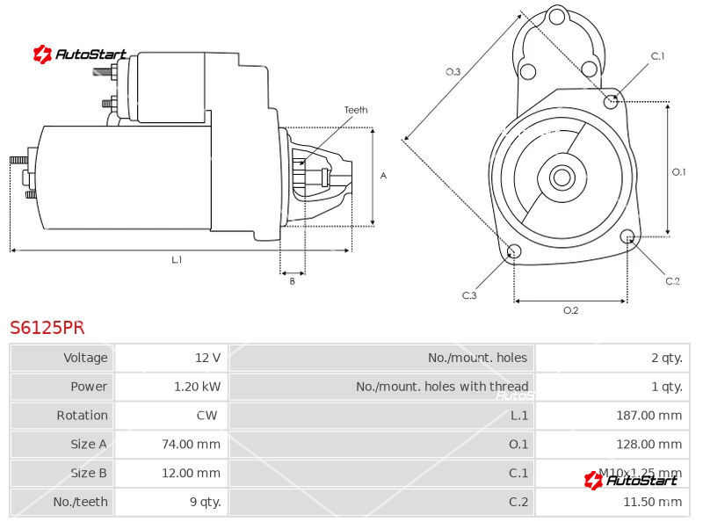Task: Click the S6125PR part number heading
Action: point(47,328)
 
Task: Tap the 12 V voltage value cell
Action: point(207,358)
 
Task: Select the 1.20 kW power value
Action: point(197,387)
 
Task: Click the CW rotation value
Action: point(207,416)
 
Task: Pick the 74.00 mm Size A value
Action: point(191,445)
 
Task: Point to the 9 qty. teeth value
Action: point(205,503)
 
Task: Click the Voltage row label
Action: point(85,358)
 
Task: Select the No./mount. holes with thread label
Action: point(442,387)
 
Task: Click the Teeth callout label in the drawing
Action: point(356,111)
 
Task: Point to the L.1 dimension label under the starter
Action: point(177,259)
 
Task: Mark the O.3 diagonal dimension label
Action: point(453,72)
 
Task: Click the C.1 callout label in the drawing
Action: point(657,56)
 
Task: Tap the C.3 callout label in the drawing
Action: point(469,295)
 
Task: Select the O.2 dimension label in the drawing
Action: point(570,310)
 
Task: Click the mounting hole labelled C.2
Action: point(627,236)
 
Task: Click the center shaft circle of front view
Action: point(562,178)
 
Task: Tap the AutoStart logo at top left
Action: point(80,54)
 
